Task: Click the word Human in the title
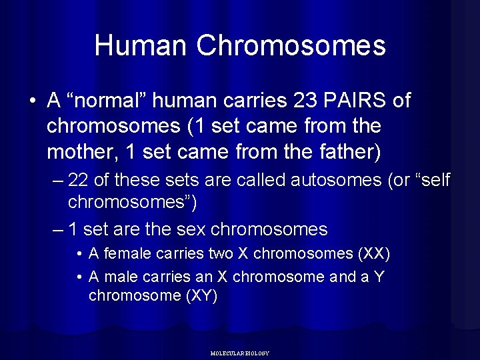click(x=142, y=45)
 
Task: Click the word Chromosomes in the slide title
click(x=292, y=45)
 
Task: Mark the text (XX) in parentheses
click(x=374, y=254)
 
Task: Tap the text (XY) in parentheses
click(x=200, y=296)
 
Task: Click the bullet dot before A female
click(x=79, y=255)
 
